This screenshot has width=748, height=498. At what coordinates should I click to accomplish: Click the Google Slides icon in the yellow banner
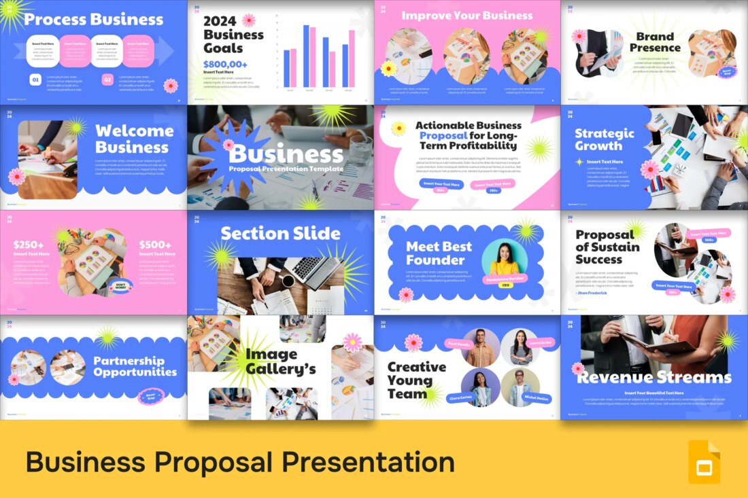pyautogui.click(x=704, y=462)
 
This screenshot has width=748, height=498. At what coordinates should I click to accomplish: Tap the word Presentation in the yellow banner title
pyautogui.click(x=369, y=462)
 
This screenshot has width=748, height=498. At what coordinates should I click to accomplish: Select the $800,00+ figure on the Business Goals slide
pyautogui.click(x=225, y=64)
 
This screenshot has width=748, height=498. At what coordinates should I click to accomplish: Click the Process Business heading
pyautogui.click(x=94, y=19)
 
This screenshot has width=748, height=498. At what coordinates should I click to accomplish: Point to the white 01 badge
pyautogui.click(x=35, y=80)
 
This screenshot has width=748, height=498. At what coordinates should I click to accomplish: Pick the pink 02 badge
pyautogui.click(x=107, y=80)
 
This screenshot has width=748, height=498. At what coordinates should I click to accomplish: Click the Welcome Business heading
pyautogui.click(x=134, y=139)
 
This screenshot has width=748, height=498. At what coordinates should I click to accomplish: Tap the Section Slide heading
pyautogui.click(x=280, y=233)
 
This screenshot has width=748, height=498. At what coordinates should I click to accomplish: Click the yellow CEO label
pyautogui.click(x=505, y=285)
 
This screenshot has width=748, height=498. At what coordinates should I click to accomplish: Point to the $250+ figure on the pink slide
pyautogui.click(x=29, y=245)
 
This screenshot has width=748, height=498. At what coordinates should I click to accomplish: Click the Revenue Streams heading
pyautogui.click(x=654, y=378)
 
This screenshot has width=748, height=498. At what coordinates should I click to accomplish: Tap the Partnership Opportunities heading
pyautogui.click(x=135, y=366)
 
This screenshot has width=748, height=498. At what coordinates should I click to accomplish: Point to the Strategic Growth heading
pyautogui.click(x=604, y=139)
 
